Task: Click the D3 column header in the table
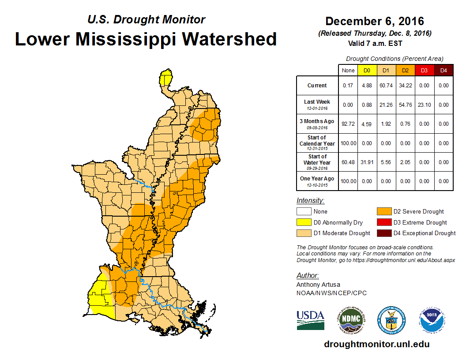[424, 71]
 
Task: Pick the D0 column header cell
[367, 71]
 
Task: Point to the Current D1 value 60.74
[386, 86]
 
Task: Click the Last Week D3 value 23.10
[424, 105]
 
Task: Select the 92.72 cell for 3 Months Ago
[348, 124]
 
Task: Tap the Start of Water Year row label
[317, 162]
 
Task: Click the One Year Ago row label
[317, 181]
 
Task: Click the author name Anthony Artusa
[318, 285]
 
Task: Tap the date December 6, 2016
[375, 21]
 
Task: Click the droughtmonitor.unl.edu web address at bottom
[376, 344]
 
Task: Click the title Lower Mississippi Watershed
[146, 39]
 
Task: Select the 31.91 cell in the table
[367, 162]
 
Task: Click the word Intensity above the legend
[310, 200]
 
